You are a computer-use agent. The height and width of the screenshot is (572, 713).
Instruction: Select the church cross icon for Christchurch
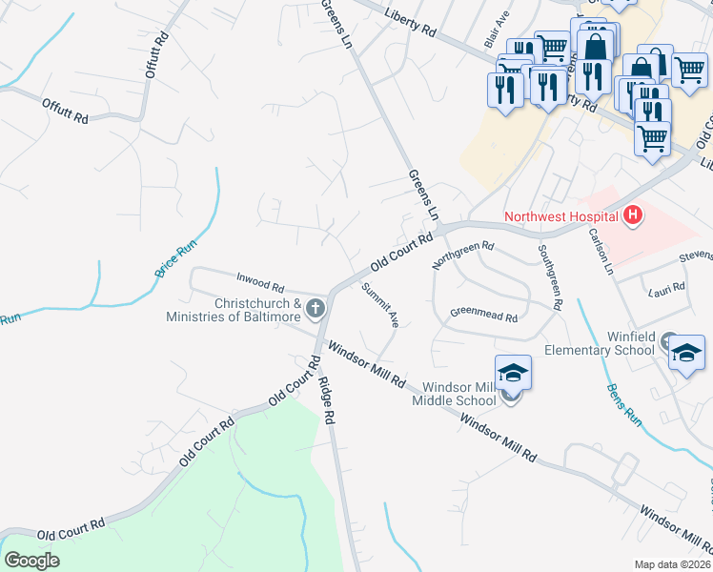pyautogui.click(x=316, y=308)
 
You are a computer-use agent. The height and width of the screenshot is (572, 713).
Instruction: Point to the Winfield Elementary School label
pyautogui.click(x=600, y=342)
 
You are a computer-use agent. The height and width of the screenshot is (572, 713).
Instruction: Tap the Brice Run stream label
pyautogui.click(x=175, y=258)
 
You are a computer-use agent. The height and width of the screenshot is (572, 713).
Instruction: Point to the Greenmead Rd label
pyautogui.click(x=483, y=312)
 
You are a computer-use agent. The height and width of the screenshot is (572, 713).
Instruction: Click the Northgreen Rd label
pyautogui.click(x=462, y=255)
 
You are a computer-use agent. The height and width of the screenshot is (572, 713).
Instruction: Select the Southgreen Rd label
pyautogui.click(x=549, y=277)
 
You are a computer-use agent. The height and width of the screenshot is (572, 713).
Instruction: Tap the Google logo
pyautogui.click(x=32, y=560)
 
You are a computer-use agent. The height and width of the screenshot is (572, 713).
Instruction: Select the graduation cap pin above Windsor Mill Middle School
pyautogui.click(x=512, y=373)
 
